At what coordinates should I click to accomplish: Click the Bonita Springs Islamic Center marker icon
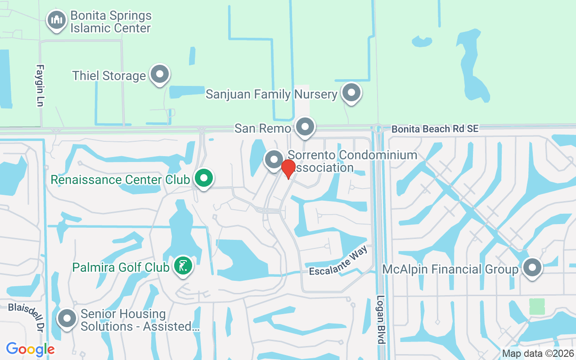coord(57,21)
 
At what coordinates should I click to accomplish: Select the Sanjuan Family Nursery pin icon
coord(351,93)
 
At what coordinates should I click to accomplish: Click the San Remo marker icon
coord(305,127)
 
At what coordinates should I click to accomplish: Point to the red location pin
coord(288,168)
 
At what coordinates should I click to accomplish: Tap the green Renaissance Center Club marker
coord(204,178)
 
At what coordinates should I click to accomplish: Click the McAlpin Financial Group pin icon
coord(532,268)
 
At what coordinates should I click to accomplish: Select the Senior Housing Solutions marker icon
coord(67,319)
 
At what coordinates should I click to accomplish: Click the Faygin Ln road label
coord(40,85)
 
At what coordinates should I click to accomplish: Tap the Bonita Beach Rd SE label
coord(434,129)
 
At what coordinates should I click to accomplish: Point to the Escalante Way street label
coord(338,262)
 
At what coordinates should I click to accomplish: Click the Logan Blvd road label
coord(381,319)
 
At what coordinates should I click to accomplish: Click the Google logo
coord(30,349)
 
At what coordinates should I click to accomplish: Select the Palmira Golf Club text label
coord(121,267)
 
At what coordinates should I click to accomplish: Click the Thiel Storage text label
coord(109,76)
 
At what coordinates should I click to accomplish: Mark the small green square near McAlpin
coord(537,306)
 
